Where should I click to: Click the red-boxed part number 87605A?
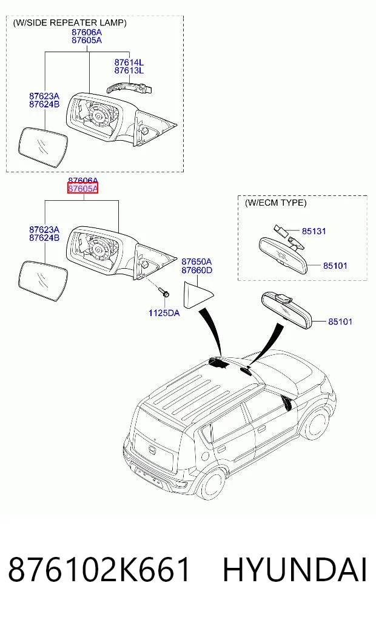pos(82,189)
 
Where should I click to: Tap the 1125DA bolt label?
pos(164,313)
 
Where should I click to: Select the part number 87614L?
pos(129,62)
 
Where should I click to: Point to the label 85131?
pos(314,231)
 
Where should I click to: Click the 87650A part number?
pos(196,261)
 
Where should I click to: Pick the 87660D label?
pos(196,270)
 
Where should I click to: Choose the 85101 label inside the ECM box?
pos(335,266)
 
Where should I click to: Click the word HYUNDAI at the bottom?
pos(295,570)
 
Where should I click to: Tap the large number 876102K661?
pos(99,570)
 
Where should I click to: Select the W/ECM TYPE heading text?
pos(275,203)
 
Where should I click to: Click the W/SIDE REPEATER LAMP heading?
pos(70,22)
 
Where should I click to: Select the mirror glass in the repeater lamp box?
pos(43,147)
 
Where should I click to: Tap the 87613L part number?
pos(129,70)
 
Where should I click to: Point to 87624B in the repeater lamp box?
pos(44,104)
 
